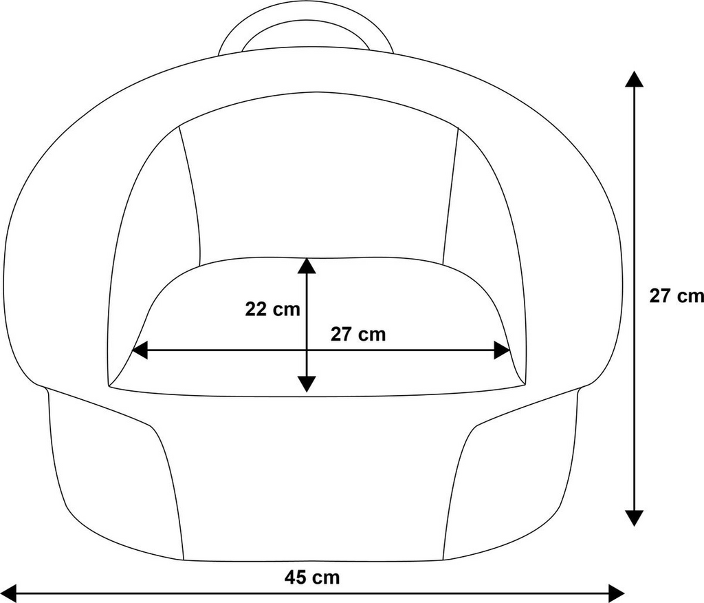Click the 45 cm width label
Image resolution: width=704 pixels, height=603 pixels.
(312, 578)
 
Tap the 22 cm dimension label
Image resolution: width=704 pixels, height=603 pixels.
(272, 309)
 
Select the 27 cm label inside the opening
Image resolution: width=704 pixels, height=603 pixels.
(358, 335)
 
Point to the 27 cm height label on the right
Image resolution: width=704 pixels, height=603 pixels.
(676, 296)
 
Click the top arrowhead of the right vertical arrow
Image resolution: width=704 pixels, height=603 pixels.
(634, 78)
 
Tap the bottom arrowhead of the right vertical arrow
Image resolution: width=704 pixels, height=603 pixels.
(634, 518)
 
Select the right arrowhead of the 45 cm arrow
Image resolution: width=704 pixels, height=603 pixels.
(616, 593)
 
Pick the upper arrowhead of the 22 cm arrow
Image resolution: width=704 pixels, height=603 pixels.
(307, 265)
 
